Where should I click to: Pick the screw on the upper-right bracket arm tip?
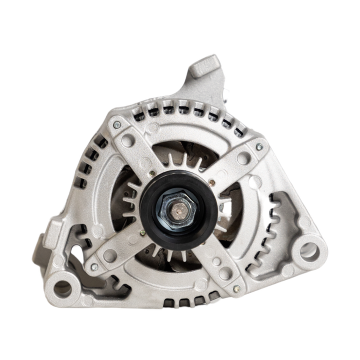[259, 147]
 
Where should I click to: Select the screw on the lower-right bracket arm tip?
[236, 288]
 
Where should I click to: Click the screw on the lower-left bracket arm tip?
[93, 267]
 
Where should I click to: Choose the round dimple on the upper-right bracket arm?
[243, 159]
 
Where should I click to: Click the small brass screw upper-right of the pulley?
[212, 180]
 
